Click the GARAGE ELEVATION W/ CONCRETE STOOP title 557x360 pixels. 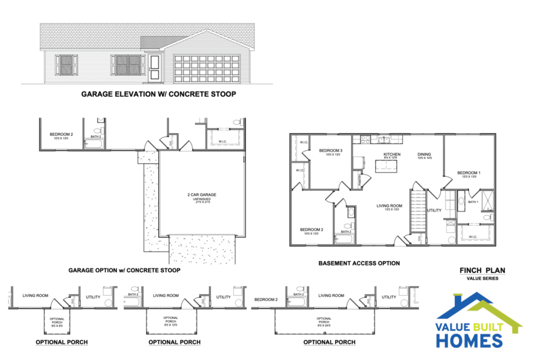(158, 94)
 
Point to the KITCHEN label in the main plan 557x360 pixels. (392, 155)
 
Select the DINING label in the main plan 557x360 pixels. (424, 155)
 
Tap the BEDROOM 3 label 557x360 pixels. (330, 151)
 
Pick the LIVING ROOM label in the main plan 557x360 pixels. (388, 206)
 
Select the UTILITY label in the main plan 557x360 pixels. (435, 209)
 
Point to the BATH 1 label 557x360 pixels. (473, 202)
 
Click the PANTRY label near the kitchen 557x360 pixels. (358, 178)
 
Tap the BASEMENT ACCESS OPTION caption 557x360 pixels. (358, 263)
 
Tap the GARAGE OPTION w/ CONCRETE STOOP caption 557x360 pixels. (125, 270)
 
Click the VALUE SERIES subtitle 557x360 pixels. (482, 278)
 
